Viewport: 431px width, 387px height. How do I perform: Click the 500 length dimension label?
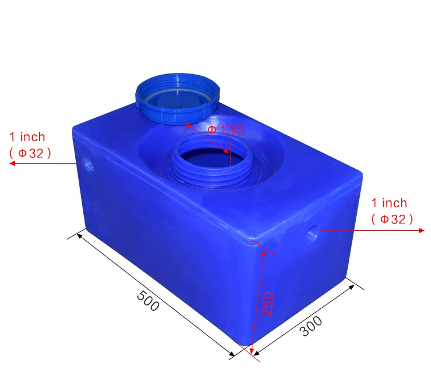pyautogui.click(x=148, y=301)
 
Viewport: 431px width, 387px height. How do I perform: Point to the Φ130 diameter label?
pyautogui.click(x=225, y=130)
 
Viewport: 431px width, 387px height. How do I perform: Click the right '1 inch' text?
pyautogui.click(x=389, y=203)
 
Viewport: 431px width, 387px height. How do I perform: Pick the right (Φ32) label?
pyautogui.click(x=392, y=219)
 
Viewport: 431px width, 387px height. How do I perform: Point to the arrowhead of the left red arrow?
pyautogui.click(x=12, y=164)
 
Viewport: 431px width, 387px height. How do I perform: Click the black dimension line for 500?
pyautogui.click(x=155, y=290)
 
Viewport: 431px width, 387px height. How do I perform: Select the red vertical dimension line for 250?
pyautogui.click(x=257, y=299)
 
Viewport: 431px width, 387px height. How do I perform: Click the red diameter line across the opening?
pyautogui.click(x=208, y=137)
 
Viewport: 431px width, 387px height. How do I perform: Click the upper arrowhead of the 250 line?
pyautogui.click(x=263, y=253)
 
